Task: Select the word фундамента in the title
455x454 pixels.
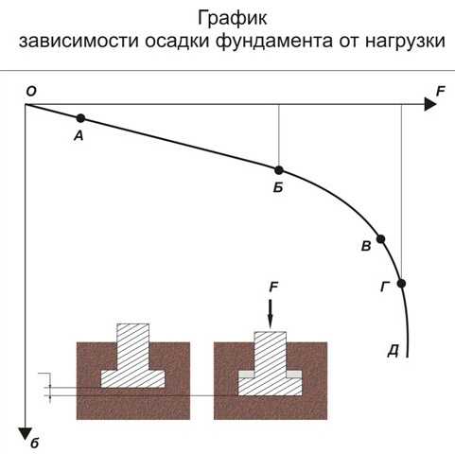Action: click(x=273, y=42)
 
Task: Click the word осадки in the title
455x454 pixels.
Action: click(x=177, y=41)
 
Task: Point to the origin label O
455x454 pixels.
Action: click(x=31, y=92)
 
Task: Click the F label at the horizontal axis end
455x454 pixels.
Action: click(x=440, y=92)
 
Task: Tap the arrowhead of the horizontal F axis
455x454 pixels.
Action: click(x=430, y=104)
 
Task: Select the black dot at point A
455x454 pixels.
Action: click(x=80, y=118)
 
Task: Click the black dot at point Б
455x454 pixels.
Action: click(x=279, y=170)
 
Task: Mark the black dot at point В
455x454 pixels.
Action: click(x=381, y=239)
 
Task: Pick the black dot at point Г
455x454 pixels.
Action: click(x=401, y=284)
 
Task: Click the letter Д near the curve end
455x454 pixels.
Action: click(x=394, y=351)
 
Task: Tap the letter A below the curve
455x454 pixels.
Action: click(x=79, y=136)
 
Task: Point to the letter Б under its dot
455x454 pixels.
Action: click(x=278, y=188)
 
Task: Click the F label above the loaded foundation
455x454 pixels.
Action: click(x=273, y=288)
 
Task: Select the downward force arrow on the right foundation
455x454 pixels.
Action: click(x=271, y=314)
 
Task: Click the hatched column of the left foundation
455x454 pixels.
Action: click(x=133, y=347)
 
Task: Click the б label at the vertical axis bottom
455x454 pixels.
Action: click(x=35, y=444)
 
